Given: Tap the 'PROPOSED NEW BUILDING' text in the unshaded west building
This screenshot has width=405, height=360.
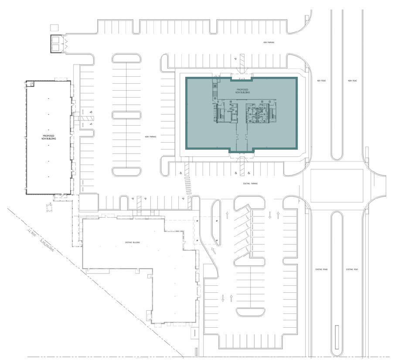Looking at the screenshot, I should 48,137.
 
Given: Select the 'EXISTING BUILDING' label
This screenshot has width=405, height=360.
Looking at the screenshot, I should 133,242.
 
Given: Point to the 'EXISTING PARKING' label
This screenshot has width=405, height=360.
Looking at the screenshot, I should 250,184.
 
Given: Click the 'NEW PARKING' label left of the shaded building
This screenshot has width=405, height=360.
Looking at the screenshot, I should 150,137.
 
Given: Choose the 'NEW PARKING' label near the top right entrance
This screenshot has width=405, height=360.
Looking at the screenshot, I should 269,42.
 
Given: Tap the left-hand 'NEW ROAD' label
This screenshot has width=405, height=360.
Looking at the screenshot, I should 321,81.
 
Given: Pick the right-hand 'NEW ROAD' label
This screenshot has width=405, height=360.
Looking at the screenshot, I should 352,81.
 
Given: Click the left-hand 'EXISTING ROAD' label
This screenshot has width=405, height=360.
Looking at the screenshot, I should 321,270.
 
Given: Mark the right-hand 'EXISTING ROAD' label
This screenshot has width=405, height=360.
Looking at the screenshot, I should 352,270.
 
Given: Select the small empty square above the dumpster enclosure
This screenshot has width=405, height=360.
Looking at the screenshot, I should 54,27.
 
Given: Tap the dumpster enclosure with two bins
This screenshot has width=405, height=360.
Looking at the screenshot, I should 57,44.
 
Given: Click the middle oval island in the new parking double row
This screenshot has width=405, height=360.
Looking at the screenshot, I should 126,115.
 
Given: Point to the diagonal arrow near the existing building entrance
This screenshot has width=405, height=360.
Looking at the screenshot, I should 214,250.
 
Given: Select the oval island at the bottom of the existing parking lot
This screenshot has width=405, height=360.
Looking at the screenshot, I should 251,312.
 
